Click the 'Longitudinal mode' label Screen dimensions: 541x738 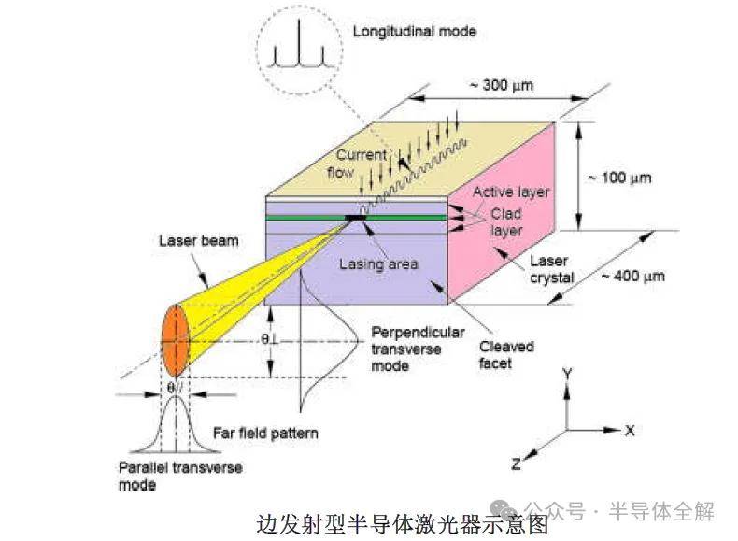point(414,32)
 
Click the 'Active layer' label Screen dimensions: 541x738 point(511,192)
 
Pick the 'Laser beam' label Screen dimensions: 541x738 point(197,240)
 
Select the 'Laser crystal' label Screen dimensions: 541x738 point(551,269)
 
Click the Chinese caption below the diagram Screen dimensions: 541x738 point(370,524)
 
